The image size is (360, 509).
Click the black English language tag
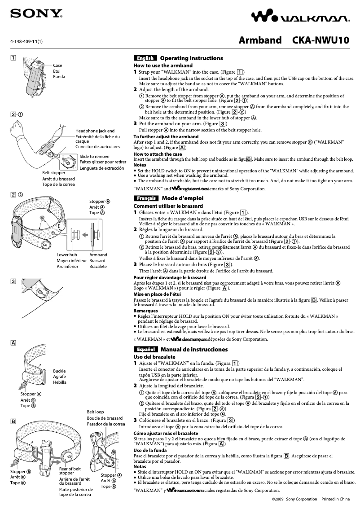(x=145, y=58)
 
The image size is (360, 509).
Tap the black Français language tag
(x=145, y=198)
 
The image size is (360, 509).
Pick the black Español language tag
(x=145, y=349)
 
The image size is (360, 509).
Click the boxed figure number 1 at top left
(x=14, y=58)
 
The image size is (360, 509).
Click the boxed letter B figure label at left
(x=14, y=422)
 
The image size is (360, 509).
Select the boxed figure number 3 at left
(x=14, y=281)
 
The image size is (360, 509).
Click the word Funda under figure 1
(x=59, y=77)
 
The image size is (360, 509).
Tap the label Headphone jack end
(x=95, y=131)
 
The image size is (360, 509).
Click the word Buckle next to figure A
(x=59, y=371)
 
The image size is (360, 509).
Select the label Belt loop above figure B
(x=95, y=412)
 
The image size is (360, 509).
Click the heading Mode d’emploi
(x=183, y=198)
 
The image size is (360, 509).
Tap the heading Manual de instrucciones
(x=194, y=349)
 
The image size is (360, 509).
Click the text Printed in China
(x=336, y=499)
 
